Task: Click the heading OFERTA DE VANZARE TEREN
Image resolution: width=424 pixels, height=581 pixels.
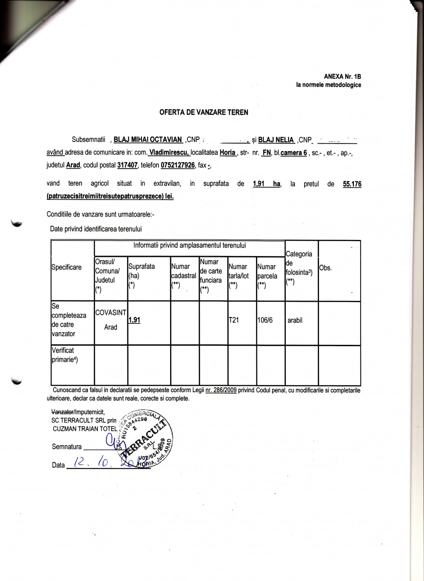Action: point(204,112)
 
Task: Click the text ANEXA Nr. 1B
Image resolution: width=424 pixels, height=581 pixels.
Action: point(342,77)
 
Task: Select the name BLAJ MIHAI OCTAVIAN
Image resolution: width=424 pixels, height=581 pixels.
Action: point(148,140)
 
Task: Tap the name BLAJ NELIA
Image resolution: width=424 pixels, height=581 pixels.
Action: point(276,140)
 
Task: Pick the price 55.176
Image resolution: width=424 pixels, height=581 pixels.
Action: point(352,183)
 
